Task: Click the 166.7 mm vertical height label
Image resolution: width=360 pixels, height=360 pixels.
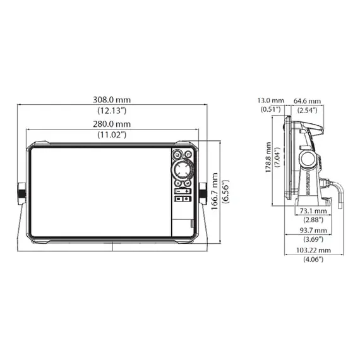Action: click(216, 193)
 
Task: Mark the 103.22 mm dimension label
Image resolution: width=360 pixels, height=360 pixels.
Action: click(314, 250)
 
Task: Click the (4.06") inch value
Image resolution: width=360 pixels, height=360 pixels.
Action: click(314, 260)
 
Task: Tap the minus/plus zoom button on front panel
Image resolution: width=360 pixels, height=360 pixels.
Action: click(183, 189)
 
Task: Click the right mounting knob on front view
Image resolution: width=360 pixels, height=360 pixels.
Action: click(205, 191)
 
